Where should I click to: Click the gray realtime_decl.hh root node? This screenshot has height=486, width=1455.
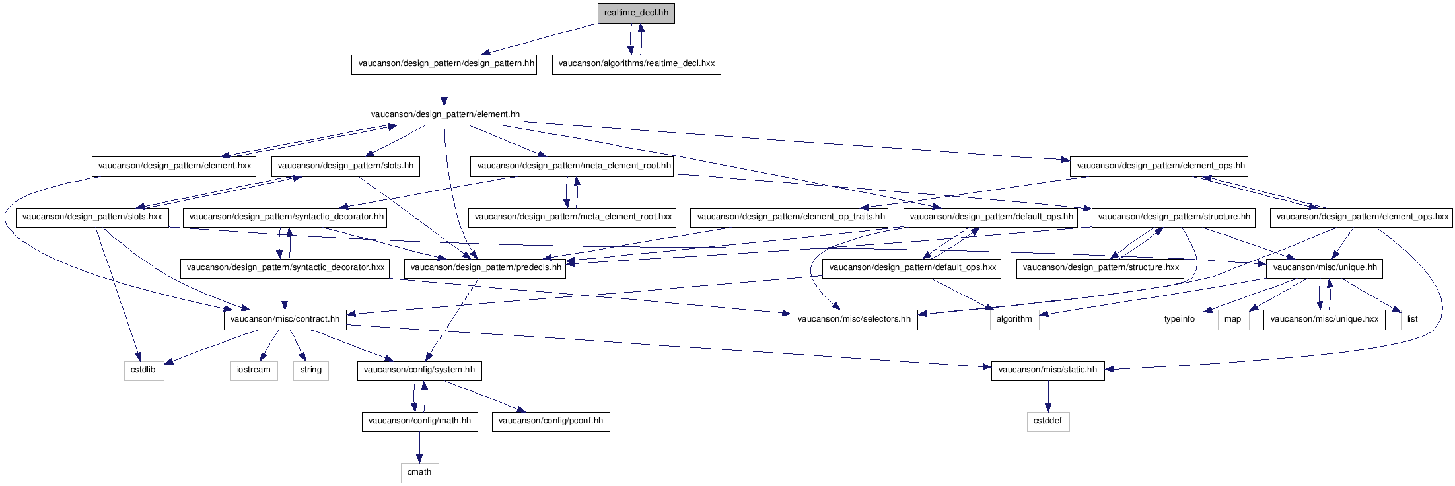point(636,13)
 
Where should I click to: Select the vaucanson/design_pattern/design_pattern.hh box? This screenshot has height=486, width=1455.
point(443,64)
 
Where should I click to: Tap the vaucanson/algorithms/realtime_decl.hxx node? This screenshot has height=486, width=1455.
point(636,64)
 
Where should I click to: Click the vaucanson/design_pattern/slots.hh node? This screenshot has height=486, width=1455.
point(345,166)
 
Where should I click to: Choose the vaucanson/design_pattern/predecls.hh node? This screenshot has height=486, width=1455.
point(485,267)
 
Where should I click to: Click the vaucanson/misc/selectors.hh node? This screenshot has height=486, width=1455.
point(854,319)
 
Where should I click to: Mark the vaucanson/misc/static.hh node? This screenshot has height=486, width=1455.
point(1047,370)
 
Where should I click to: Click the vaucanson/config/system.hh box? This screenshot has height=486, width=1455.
point(419,370)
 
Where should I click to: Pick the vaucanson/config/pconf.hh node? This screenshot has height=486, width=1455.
point(551,421)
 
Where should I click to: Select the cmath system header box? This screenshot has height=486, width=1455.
point(419,472)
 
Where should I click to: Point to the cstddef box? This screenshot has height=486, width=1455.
point(1047,421)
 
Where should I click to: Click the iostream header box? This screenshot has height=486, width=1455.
point(254,370)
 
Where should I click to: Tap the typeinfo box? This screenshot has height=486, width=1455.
point(1180,319)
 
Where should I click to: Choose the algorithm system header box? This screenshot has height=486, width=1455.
point(1014,319)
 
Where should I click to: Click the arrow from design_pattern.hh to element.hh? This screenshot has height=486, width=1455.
point(444,90)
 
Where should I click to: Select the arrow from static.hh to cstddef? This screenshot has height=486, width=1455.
point(1047,396)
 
